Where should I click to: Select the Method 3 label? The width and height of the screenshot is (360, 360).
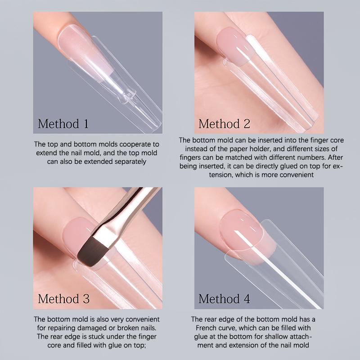[63, 298]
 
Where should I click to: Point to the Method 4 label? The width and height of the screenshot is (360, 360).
[224, 298]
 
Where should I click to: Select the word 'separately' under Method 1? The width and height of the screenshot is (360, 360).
[130, 161]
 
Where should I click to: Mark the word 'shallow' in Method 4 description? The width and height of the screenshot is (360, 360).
[272, 336]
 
